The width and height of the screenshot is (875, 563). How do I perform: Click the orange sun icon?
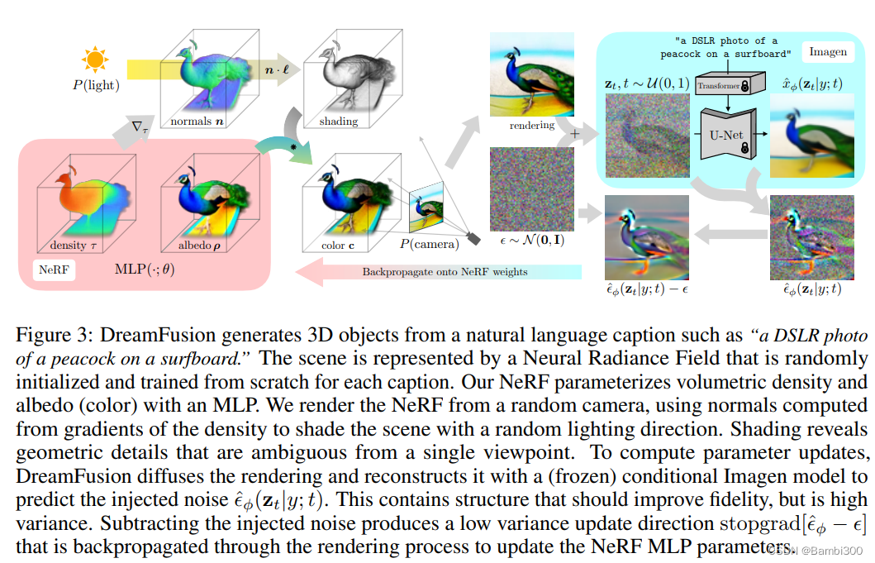pyautogui.click(x=95, y=60)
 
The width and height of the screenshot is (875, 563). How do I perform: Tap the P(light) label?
pyautogui.click(x=96, y=85)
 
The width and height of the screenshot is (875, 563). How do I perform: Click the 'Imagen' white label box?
pyautogui.click(x=827, y=51)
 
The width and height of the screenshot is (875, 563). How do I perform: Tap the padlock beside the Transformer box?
pyautogui.click(x=745, y=85)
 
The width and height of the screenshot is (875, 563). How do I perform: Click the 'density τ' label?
pyautogui.click(x=69, y=246)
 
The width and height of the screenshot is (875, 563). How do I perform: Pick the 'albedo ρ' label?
pyautogui.click(x=197, y=246)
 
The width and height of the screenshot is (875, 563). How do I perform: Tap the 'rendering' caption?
pyautogui.click(x=532, y=126)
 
